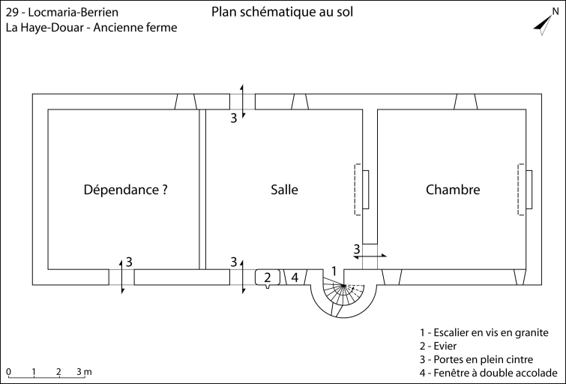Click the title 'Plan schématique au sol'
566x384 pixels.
coord(282,12)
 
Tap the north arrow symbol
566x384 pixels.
coord(543,24)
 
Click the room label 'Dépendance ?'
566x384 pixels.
coord(125,190)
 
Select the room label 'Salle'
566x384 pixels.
coord(284,190)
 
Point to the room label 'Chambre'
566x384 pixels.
coord(453,190)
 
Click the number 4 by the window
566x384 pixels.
coord(295,277)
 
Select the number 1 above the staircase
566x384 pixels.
coord(334,270)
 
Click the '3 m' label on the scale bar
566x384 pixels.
coord(83,371)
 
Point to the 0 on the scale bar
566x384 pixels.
coord(8,371)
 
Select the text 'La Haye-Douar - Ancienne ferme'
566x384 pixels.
coord(91,28)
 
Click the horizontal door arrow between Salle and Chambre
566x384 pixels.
coord(370,256)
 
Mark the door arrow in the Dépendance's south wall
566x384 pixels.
coord(121,277)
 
